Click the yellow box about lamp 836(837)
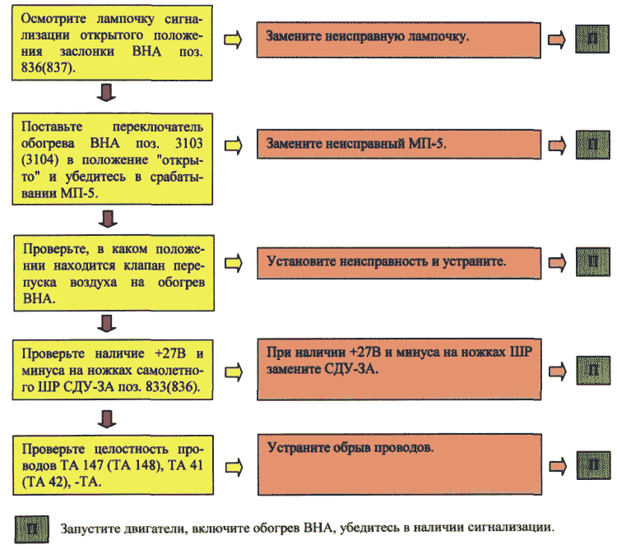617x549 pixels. click(112, 43)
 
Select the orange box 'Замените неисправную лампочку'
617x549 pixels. click(399, 40)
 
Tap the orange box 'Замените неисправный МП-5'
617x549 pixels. click(399, 144)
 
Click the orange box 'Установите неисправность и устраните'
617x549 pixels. click(399, 263)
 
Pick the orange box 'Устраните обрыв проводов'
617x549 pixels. click(400, 464)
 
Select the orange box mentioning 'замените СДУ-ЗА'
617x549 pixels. click(399, 369)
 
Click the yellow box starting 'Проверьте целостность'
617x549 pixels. click(114, 465)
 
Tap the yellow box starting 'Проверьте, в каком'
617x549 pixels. click(114, 273)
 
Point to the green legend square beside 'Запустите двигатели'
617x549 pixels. click(32, 529)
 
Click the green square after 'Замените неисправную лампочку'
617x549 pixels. click(592, 39)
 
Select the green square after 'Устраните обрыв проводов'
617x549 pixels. click(593, 466)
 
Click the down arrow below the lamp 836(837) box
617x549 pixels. click(106, 93)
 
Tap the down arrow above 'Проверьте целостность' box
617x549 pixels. click(107, 419)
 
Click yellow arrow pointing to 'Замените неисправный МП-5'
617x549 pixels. click(234, 145)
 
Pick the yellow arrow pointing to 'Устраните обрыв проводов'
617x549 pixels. click(234, 468)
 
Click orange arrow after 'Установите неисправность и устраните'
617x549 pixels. click(558, 262)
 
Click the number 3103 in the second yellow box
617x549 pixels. click(189, 143)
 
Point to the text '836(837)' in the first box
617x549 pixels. click(48, 67)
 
